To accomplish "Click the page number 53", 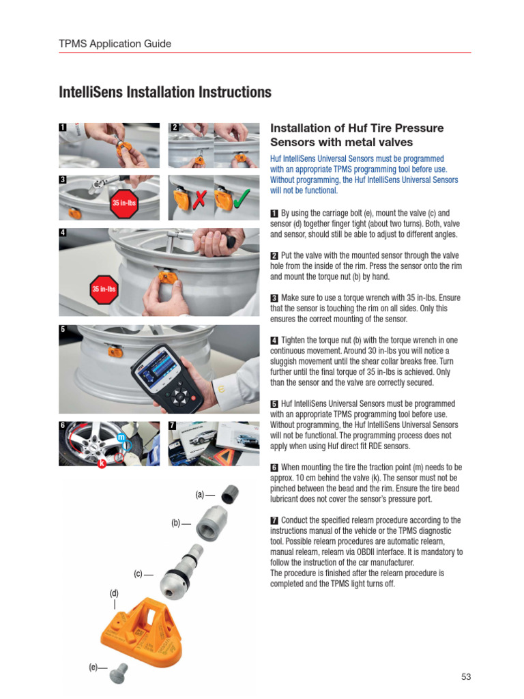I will [466, 676].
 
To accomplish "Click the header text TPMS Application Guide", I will [115, 44].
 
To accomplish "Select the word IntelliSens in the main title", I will [91, 92].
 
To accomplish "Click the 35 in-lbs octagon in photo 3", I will [123, 203].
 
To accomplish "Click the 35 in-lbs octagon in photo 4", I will [104, 289].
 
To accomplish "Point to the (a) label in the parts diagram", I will [200, 494].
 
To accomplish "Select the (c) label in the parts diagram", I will [138, 574].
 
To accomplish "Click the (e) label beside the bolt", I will [93, 667].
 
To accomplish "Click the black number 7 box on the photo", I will [173, 425].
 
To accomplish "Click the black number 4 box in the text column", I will [274, 341].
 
